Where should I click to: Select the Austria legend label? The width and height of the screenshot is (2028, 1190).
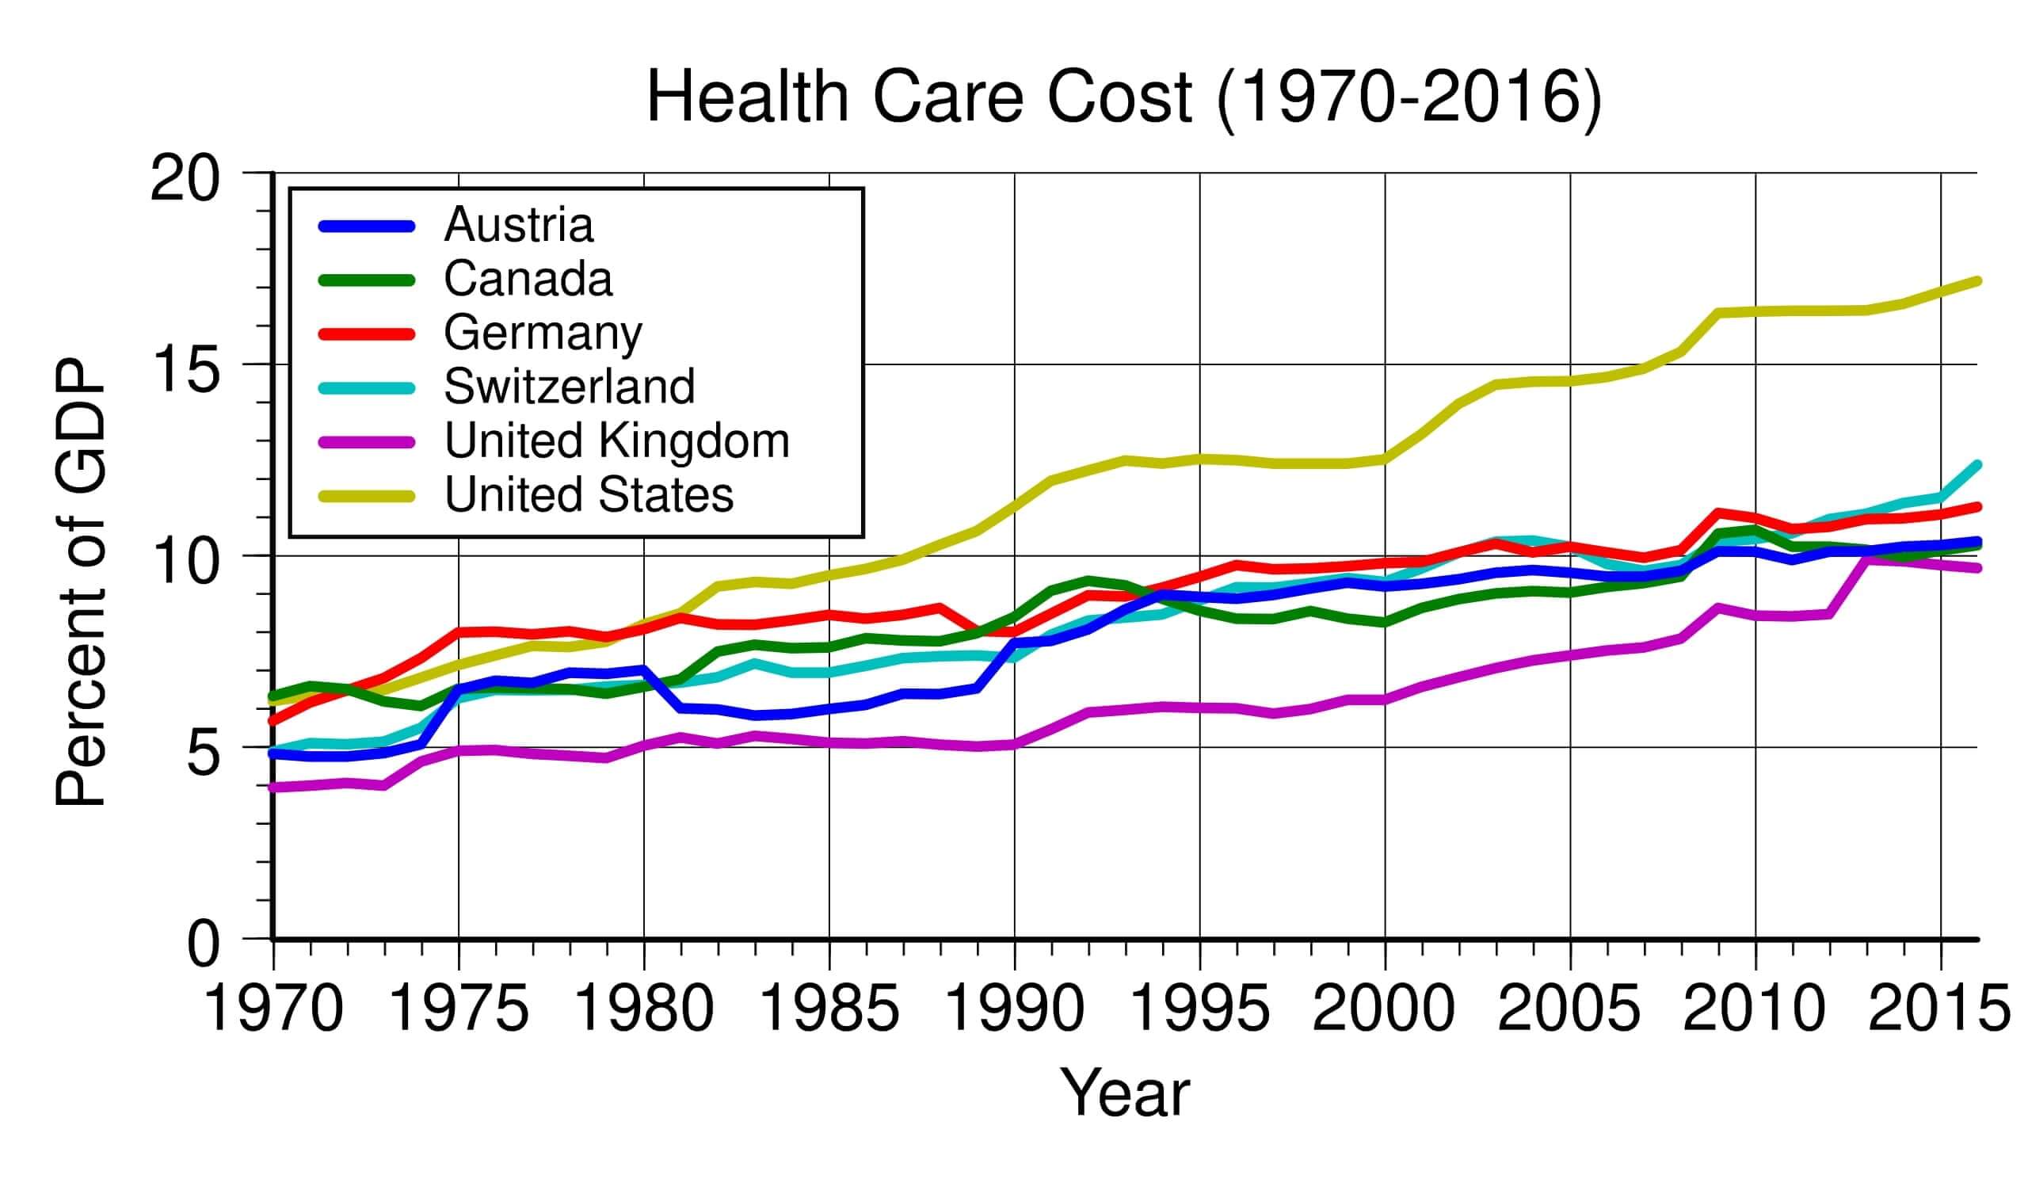point(518,224)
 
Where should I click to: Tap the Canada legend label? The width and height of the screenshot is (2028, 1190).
point(528,279)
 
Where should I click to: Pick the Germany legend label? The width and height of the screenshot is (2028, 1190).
point(543,333)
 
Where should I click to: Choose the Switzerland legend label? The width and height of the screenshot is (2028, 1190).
point(569,387)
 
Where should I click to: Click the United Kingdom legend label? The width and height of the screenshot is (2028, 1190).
point(616,441)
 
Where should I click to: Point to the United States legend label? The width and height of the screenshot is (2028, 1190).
point(589,495)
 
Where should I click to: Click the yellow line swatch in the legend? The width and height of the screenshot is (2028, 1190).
point(367,497)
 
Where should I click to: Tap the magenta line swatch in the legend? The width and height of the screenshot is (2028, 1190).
point(367,443)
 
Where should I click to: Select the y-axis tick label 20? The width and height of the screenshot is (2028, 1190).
point(185,178)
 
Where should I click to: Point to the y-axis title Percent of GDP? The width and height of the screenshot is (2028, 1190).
point(81,582)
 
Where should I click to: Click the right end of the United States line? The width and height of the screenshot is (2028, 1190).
point(1977,280)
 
